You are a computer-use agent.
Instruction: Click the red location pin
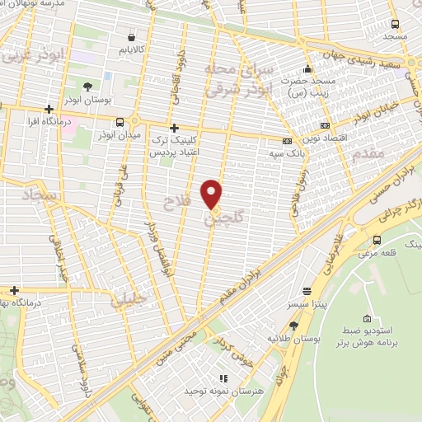[x=213, y=195]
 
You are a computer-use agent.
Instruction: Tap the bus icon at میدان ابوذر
[x=120, y=120]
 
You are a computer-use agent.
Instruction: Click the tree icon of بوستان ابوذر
[x=87, y=86]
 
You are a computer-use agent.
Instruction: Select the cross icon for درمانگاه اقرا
[x=49, y=109]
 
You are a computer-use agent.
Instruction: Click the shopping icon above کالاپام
[x=132, y=36]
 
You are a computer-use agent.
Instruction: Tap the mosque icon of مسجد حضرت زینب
[x=308, y=69]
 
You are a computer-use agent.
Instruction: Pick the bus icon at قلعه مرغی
[x=377, y=241]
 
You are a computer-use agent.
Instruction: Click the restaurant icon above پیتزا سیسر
[x=306, y=291]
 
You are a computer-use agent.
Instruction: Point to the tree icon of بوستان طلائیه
[x=281, y=325]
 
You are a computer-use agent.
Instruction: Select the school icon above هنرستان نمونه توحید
[x=227, y=376]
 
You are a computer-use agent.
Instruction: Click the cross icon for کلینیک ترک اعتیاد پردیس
[x=174, y=129]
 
